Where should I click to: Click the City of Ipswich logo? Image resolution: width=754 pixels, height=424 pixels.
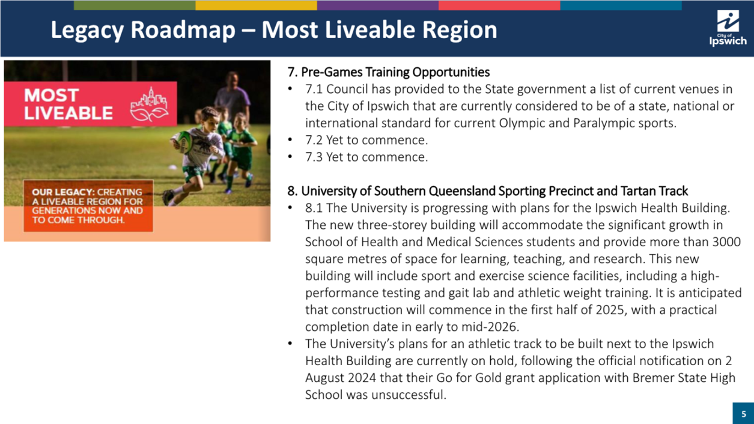pos(728,28)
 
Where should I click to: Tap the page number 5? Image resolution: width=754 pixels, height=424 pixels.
pos(744,414)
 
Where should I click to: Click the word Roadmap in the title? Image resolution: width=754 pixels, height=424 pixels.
pos(183,29)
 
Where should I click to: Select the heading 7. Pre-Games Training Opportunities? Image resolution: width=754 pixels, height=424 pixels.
pos(389,72)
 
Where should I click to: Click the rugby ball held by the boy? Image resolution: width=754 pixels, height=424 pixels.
pos(183,141)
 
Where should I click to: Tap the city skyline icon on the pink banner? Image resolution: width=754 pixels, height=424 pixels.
pos(149,104)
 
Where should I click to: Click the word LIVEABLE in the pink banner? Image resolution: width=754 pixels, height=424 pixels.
pos(68,113)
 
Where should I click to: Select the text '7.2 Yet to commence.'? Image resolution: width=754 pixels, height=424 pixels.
pos(366,140)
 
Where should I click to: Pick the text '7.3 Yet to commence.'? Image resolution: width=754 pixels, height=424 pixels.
pos(366,157)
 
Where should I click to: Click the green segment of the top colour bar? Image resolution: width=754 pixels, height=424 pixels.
pos(135,5)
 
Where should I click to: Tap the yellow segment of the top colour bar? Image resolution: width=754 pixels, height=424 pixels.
pos(256,5)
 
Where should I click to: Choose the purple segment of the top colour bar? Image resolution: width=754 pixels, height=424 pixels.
pos(378,5)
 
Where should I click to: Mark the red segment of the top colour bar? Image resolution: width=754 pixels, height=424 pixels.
pos(499,5)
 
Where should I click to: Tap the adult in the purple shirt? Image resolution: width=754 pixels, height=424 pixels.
pos(233,97)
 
